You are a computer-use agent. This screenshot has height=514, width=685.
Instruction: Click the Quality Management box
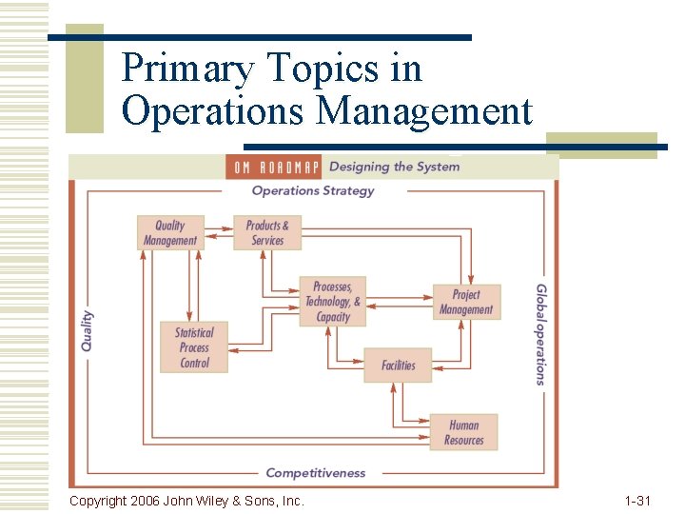pos(170,233)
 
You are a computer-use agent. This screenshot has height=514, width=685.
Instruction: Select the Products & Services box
pos(267,233)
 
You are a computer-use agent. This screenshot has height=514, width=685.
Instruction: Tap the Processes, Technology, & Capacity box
pos(332,302)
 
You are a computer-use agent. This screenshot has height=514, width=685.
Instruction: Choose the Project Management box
pos(466,302)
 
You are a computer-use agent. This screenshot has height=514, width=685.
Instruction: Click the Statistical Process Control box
pos(194,347)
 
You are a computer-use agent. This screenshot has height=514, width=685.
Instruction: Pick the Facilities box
pos(398,366)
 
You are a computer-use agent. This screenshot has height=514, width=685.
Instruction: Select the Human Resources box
pos(463,432)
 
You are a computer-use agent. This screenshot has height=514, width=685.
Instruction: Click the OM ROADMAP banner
pos(274,167)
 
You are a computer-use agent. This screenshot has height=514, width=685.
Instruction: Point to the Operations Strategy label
pos(313,190)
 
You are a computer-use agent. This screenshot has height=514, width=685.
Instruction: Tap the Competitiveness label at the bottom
pos(316,472)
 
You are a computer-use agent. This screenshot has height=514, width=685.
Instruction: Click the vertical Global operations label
pos(540,334)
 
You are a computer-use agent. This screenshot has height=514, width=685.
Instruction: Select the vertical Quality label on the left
pos(88,331)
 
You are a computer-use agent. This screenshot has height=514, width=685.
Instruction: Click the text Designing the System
pos(394,167)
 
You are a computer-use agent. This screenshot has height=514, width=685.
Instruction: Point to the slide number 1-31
pos(637,500)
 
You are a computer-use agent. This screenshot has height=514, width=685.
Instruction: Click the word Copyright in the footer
pos(98,500)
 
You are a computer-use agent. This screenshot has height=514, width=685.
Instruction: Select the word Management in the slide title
pos(424,111)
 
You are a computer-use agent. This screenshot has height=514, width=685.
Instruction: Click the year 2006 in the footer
pos(145,500)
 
